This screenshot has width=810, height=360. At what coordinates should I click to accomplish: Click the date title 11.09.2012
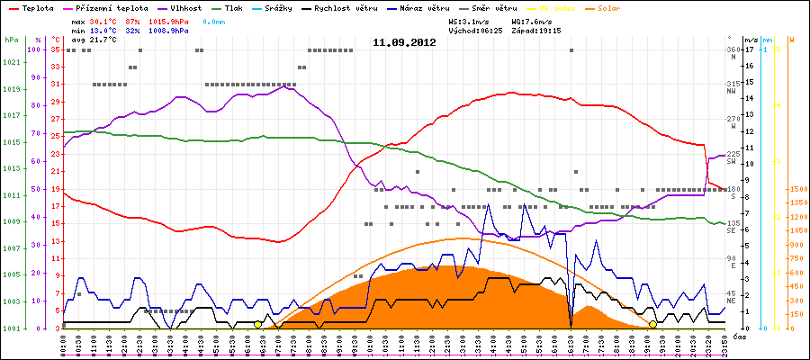point(404,41)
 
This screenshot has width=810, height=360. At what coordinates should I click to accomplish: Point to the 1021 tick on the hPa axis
point(12,62)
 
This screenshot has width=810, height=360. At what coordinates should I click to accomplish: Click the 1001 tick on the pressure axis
point(12,328)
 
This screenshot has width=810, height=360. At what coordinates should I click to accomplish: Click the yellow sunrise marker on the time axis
point(258,324)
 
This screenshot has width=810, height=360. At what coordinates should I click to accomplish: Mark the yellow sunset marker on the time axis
point(652,324)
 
